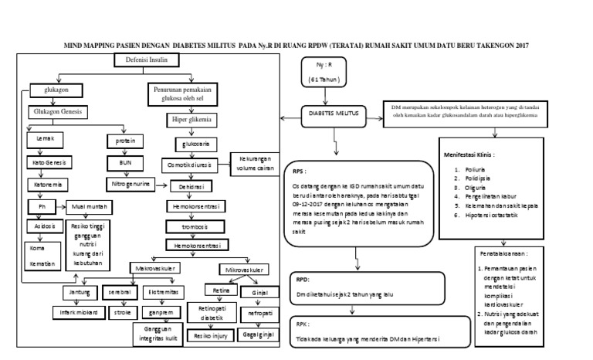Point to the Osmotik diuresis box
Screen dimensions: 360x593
click(x=193, y=165)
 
